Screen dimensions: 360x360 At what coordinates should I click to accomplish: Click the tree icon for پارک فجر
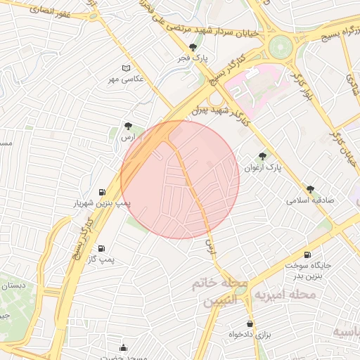(183, 47)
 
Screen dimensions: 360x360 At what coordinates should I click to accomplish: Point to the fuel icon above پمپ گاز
(103, 249)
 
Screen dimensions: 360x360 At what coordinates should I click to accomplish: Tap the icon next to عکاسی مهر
(127, 67)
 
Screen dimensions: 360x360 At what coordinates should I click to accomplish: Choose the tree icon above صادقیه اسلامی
(309, 188)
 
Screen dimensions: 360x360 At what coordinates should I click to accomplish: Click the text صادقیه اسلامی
(309, 200)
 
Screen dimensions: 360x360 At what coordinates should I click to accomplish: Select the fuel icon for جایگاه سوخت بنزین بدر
(307, 255)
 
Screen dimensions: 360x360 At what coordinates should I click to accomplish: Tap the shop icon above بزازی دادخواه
(250, 323)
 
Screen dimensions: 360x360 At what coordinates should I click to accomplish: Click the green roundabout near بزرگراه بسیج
(280, 47)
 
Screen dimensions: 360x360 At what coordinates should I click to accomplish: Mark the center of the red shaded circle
(180, 179)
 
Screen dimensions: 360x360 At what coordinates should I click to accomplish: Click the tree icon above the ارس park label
(127, 127)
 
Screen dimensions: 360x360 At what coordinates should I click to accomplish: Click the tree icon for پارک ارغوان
(262, 156)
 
